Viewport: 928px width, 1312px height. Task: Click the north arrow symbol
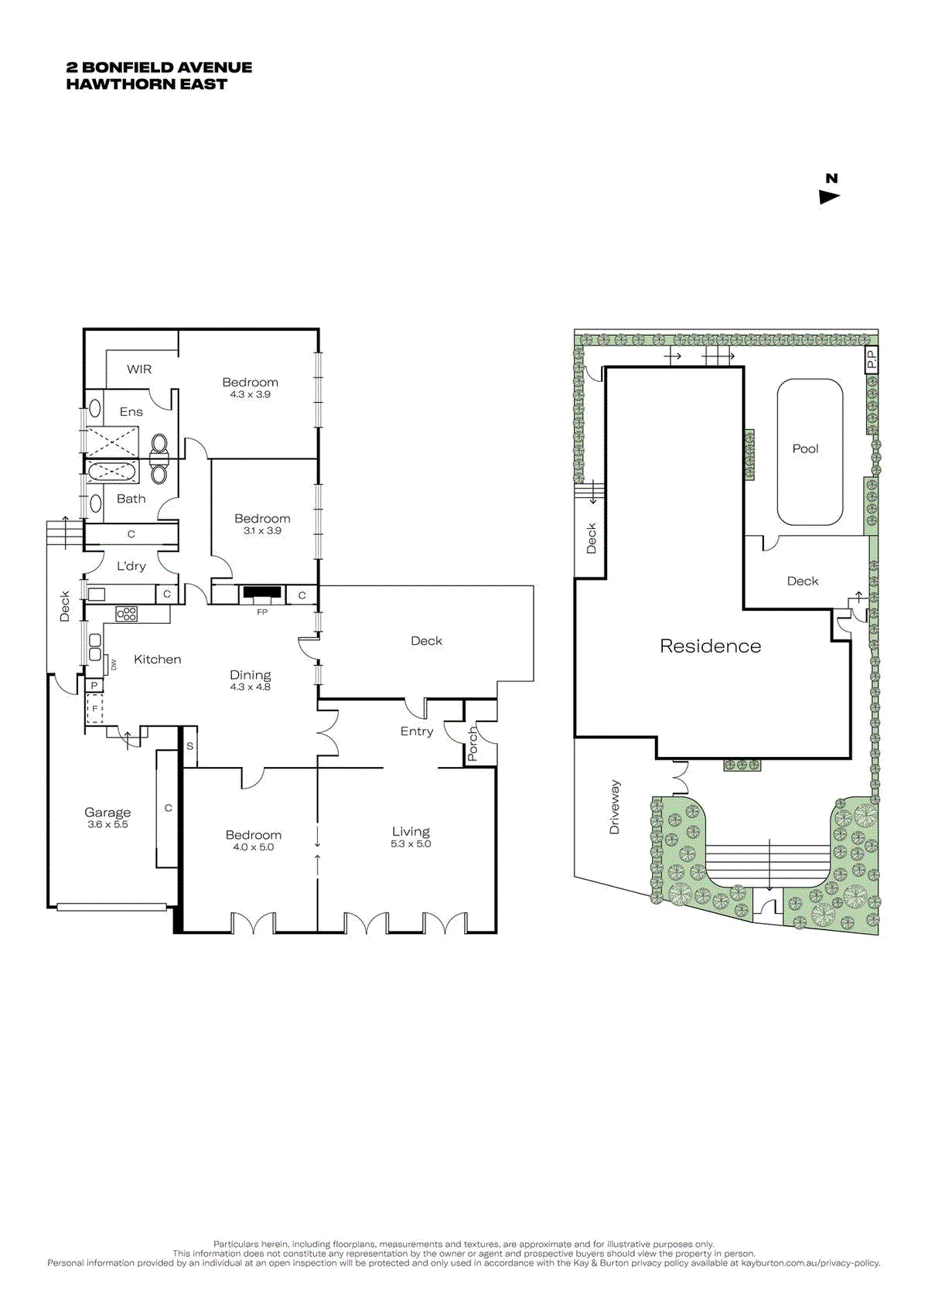click(829, 197)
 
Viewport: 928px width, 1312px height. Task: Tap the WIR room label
click(139, 370)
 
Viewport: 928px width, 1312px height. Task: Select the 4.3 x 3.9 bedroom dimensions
click(250, 394)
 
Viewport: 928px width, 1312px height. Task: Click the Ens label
click(131, 412)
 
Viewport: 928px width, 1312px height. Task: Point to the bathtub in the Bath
click(113, 472)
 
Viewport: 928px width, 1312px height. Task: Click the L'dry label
click(131, 566)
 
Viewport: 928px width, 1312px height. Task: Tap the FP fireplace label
click(262, 612)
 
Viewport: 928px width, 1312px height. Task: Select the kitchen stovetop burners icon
click(126, 615)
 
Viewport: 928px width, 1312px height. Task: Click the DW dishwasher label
click(114, 664)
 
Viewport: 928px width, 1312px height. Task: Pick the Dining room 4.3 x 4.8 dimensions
click(250, 687)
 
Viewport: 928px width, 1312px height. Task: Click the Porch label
click(473, 743)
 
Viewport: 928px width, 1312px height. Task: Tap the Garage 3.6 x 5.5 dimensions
click(107, 825)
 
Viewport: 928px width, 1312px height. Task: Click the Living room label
click(411, 832)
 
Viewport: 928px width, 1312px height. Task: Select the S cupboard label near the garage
click(190, 747)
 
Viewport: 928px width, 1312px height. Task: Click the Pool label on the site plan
click(805, 448)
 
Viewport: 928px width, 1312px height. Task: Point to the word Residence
click(710, 646)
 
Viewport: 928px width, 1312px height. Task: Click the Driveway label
click(615, 806)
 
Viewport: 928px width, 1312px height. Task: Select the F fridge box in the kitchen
click(94, 708)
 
